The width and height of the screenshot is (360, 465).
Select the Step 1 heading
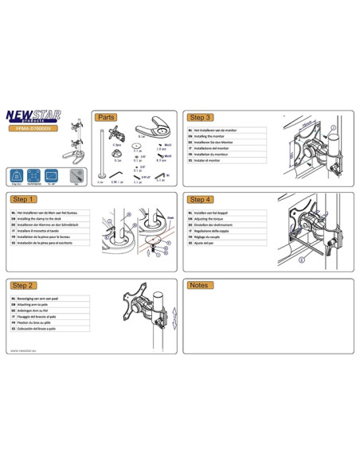[24, 199]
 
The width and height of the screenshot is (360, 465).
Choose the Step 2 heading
[24, 284]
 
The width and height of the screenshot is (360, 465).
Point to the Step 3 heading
[199, 117]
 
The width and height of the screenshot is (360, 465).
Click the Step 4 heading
[199, 199]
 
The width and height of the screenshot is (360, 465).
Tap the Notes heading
[198, 284]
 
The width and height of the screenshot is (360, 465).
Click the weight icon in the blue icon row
[18, 175]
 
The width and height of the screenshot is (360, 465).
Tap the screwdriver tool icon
[76, 175]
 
